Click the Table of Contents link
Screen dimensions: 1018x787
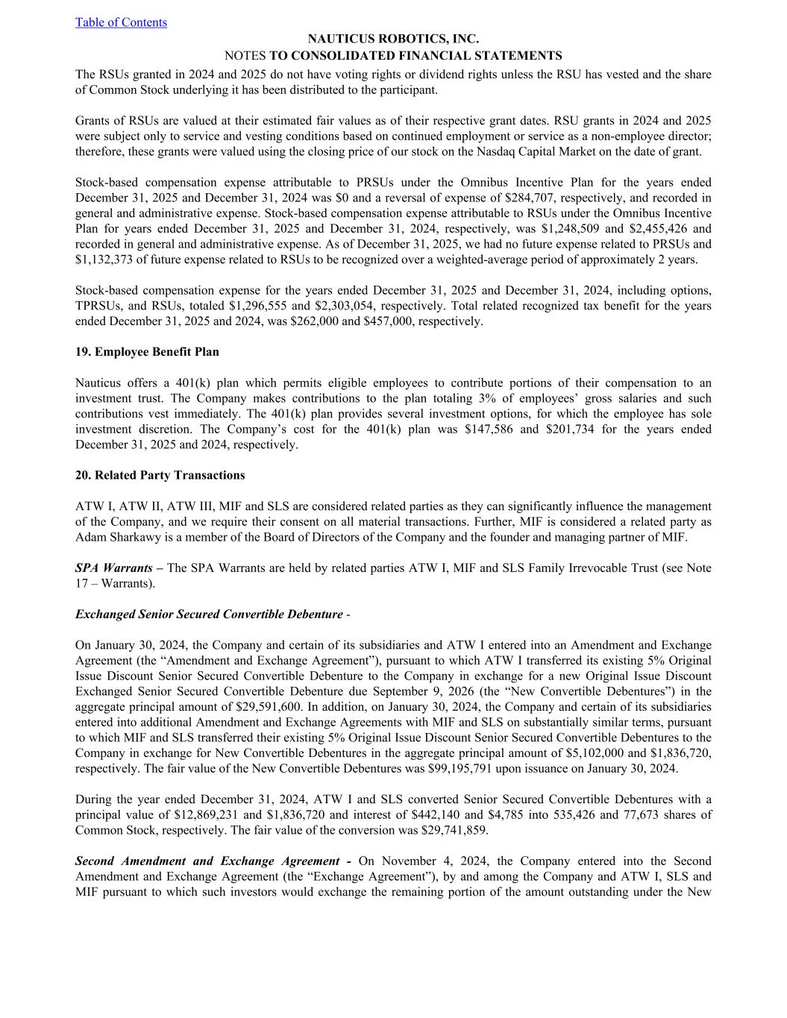point(121,22)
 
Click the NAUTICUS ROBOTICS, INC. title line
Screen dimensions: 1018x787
point(393,39)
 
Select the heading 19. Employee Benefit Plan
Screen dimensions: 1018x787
point(147,352)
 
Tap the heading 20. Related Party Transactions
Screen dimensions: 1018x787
point(160,476)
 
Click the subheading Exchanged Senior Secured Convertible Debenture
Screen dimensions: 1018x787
point(209,615)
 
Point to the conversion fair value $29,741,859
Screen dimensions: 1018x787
point(446,831)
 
